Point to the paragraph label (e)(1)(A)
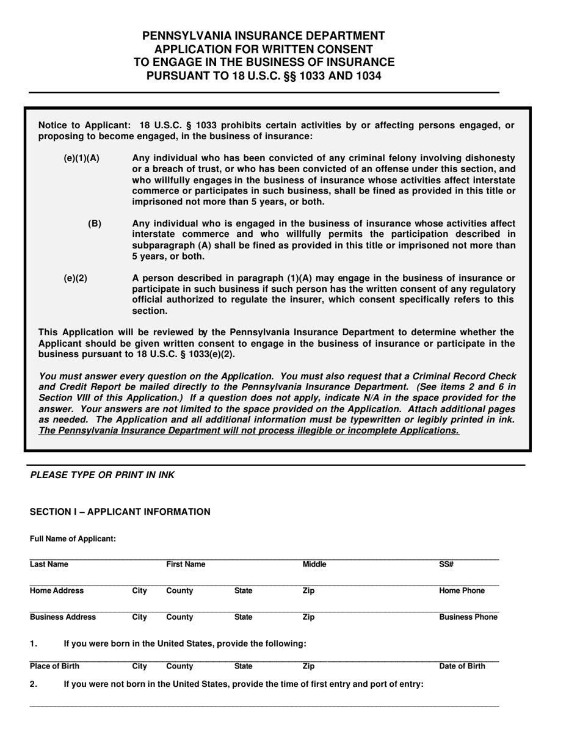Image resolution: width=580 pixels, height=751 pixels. (x=81, y=158)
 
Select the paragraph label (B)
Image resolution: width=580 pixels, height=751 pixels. (x=95, y=223)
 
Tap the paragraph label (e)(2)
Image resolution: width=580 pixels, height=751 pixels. (x=75, y=278)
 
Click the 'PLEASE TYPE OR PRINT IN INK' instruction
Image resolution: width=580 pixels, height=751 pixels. (x=102, y=475)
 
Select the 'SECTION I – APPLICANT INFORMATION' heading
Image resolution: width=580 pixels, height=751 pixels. (x=120, y=512)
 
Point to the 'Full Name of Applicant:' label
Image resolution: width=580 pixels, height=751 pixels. (x=73, y=539)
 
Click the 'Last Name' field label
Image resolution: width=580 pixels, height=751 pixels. (x=49, y=564)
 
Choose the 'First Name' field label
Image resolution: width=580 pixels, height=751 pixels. (x=186, y=564)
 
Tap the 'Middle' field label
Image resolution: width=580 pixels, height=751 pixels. (x=314, y=564)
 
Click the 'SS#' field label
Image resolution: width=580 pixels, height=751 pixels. (x=446, y=564)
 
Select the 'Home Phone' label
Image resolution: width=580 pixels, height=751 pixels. (x=462, y=590)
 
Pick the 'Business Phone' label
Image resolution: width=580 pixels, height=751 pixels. (x=468, y=617)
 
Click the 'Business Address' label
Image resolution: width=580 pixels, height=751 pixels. (x=63, y=617)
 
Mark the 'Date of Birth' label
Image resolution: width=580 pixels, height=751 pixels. (x=462, y=666)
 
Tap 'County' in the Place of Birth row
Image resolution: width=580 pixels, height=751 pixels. (x=179, y=666)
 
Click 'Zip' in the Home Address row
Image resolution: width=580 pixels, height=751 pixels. (x=308, y=590)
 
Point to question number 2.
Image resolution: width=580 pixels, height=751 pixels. (x=34, y=684)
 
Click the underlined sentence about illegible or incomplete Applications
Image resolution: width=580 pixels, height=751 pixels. (x=249, y=430)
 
